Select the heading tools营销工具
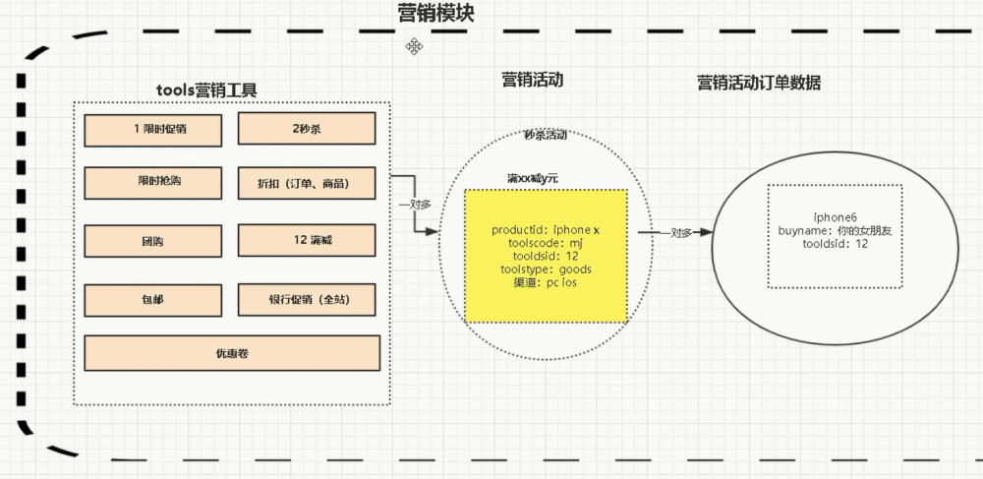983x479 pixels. pos(206,90)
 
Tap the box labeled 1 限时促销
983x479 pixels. pos(152,129)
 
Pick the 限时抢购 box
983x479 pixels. pos(152,183)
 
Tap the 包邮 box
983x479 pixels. pos(152,300)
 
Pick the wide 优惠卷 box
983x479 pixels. pos(232,352)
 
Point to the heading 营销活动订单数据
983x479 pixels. pos(758,84)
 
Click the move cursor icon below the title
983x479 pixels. pos(416,46)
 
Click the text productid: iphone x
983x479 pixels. pos(545,229)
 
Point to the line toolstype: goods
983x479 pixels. pos(545,268)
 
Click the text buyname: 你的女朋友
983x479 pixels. pos(833,230)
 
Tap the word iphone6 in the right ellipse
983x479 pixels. pos(833,216)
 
